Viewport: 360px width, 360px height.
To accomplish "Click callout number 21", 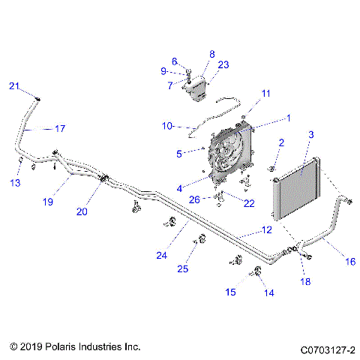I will (13, 87).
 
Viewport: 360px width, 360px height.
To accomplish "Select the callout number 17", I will (60, 128).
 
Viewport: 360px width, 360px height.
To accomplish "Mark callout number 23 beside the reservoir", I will (223, 65).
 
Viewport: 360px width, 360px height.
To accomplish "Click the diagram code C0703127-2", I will (328, 349).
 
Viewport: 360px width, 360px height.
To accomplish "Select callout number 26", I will (195, 199).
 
